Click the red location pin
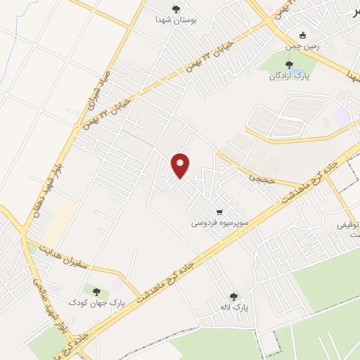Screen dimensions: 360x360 coord(181,165)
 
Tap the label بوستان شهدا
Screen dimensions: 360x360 coord(175,21)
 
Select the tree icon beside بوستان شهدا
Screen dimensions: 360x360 coord(175,9)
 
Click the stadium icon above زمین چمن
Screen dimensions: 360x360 coord(303,35)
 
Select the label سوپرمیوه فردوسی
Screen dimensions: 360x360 coord(220,223)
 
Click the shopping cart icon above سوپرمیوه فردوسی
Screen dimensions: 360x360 coord(220,212)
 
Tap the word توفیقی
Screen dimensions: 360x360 coord(349,225)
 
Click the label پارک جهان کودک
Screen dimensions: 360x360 coord(96,302)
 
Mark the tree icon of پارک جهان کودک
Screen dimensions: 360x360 coord(96,290)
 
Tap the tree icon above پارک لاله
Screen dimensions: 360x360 coord(234,296)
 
